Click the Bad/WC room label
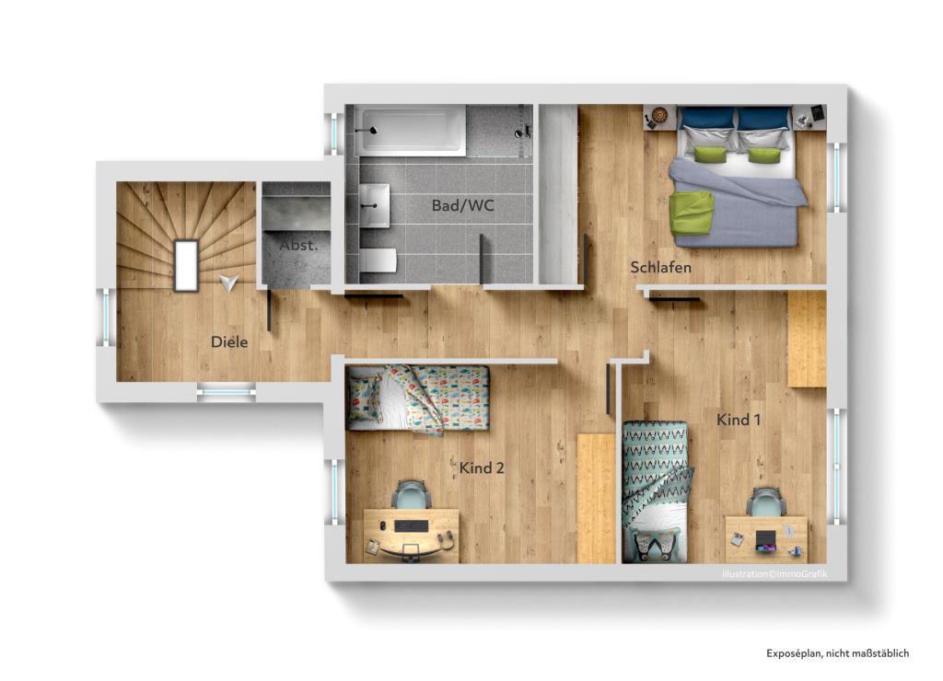(462, 205)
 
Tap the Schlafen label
(660, 268)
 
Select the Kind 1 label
(739, 420)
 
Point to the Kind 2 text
(482, 468)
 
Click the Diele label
(229, 341)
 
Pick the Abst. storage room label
(298, 246)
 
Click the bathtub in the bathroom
(413, 130)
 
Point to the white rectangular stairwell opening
(186, 265)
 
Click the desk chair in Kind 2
(411, 496)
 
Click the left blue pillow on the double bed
(706, 119)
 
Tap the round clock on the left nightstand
(659, 116)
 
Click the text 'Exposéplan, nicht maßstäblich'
(837, 653)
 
